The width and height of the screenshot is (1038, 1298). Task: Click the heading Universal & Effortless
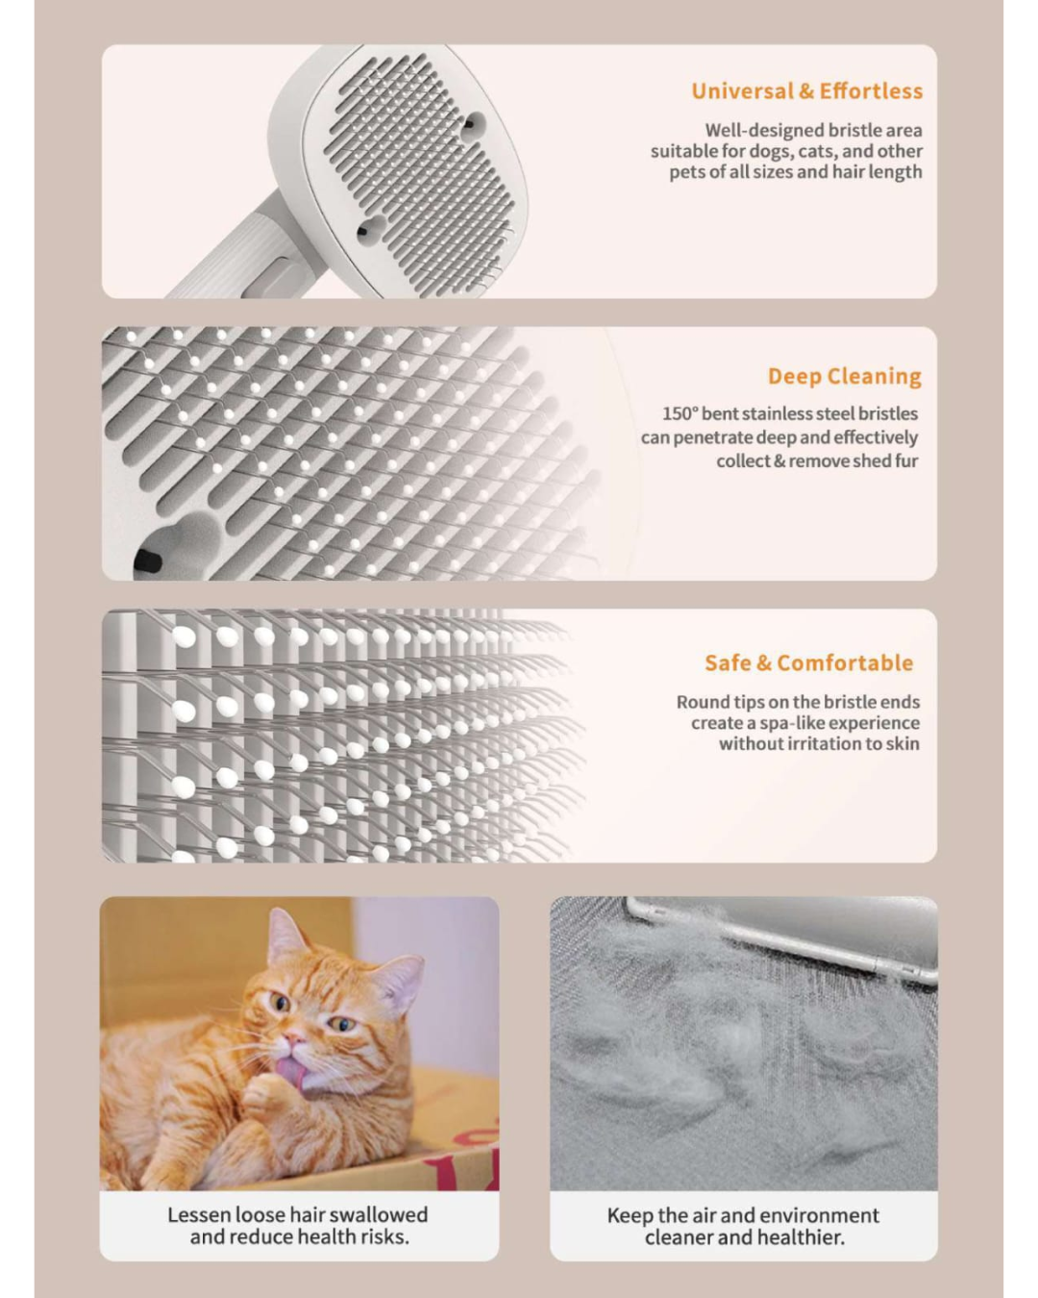click(806, 91)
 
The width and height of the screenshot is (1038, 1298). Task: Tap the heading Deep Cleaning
click(844, 376)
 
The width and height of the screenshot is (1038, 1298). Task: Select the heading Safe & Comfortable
click(808, 662)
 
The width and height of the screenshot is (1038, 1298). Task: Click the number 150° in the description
click(679, 413)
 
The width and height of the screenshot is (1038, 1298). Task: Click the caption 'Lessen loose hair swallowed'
click(298, 1214)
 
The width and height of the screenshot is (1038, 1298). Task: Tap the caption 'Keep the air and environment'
click(743, 1215)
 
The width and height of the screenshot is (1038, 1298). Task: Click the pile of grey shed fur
click(730, 1038)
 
